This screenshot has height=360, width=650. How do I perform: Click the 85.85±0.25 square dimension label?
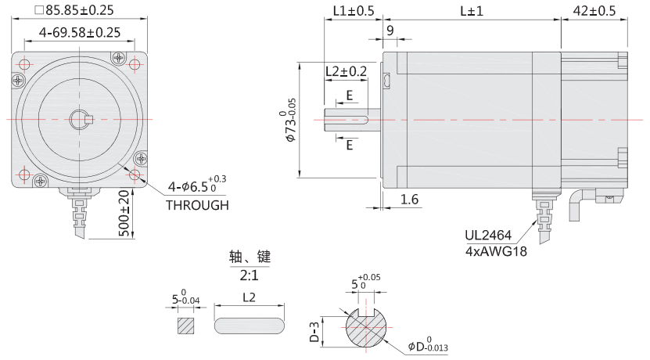click(x=74, y=10)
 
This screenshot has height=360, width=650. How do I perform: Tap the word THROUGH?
click(x=197, y=206)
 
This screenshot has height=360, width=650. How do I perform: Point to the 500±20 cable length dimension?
click(x=124, y=213)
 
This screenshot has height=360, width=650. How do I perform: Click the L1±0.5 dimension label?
click(x=353, y=10)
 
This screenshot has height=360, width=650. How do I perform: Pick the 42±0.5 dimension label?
click(x=594, y=10)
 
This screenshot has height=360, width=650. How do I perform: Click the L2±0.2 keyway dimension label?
click(x=346, y=71)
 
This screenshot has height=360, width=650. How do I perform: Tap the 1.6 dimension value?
click(x=409, y=200)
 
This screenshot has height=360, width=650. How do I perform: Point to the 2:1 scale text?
click(x=249, y=275)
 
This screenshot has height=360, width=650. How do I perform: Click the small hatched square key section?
click(x=185, y=326)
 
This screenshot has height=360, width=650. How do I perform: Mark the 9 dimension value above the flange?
click(x=390, y=31)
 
